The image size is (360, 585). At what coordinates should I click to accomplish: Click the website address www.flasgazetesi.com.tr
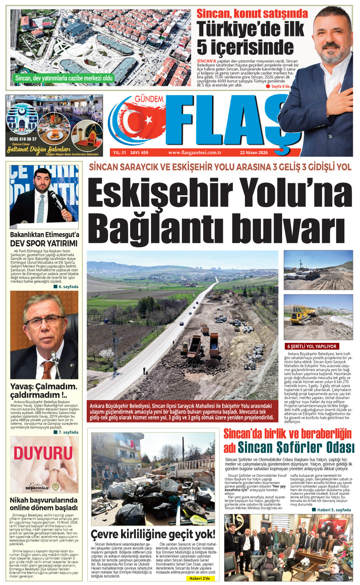tap(195, 153)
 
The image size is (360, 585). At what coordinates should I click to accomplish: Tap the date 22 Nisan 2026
tap(254, 153)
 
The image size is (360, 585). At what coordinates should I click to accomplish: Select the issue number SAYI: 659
tap(139, 153)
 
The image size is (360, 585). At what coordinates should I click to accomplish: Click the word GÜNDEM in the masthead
tap(149, 99)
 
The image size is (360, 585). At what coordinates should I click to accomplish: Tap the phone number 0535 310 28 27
tap(23, 139)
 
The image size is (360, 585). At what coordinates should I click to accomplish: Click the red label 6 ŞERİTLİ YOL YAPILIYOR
tap(312, 346)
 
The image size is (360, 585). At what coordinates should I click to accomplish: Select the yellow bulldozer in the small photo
tap(303, 314)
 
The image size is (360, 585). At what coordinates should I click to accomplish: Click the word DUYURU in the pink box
tap(43, 454)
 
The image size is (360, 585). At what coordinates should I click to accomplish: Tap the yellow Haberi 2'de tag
tap(199, 578)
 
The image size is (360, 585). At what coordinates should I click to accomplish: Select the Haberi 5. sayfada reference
tap(332, 510)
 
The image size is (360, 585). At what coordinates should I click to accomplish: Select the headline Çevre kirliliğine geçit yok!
tap(153, 534)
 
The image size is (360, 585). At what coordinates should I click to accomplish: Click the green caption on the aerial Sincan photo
tap(64, 78)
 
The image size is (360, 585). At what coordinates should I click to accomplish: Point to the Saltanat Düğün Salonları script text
tap(30, 149)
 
